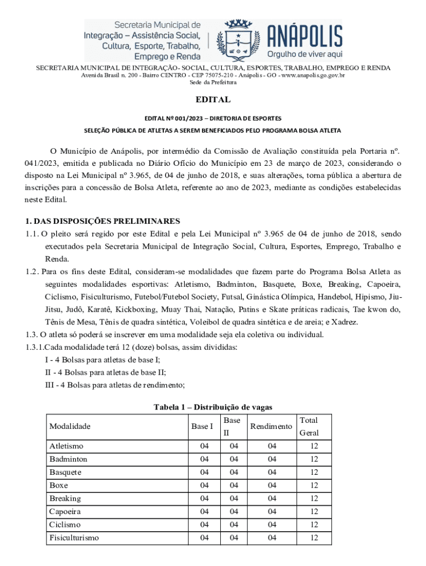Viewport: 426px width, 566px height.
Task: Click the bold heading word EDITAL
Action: coord(212,100)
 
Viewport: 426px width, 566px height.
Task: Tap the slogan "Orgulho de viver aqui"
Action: coord(305,54)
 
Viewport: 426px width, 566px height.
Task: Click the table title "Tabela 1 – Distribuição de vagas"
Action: coord(213,407)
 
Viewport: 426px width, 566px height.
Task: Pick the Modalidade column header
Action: coord(70,426)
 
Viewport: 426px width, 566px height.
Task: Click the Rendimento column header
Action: coord(271,426)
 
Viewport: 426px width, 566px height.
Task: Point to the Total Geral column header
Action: coord(309,426)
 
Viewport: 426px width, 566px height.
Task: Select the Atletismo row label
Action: coord(66,446)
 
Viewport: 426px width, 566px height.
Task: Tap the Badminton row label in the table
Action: coord(68,459)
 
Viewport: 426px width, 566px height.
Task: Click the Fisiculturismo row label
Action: coord(74,537)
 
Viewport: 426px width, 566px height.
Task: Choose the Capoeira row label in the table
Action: coord(66,511)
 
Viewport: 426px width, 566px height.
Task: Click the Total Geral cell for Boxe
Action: coord(314,485)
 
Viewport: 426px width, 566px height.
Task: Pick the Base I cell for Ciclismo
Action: coord(205,525)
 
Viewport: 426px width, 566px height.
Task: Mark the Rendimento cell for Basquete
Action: coord(271,473)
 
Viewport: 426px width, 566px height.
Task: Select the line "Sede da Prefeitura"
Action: coord(213,82)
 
